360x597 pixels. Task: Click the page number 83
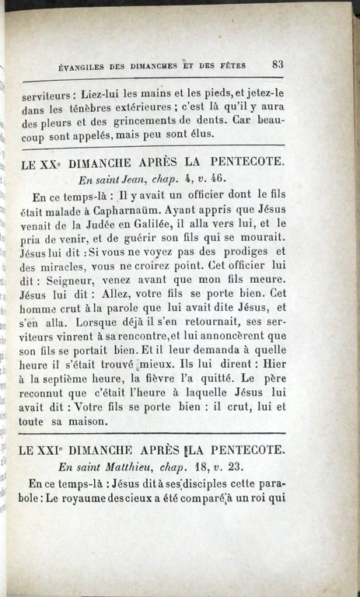(x=278, y=65)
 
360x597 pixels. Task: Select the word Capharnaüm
(x=154, y=208)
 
